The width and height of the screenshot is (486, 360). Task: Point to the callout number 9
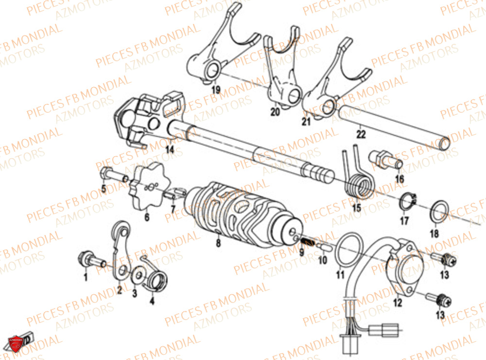pyautogui.click(x=301, y=252)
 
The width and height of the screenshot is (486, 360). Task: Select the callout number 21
pyautogui.click(x=306, y=122)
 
